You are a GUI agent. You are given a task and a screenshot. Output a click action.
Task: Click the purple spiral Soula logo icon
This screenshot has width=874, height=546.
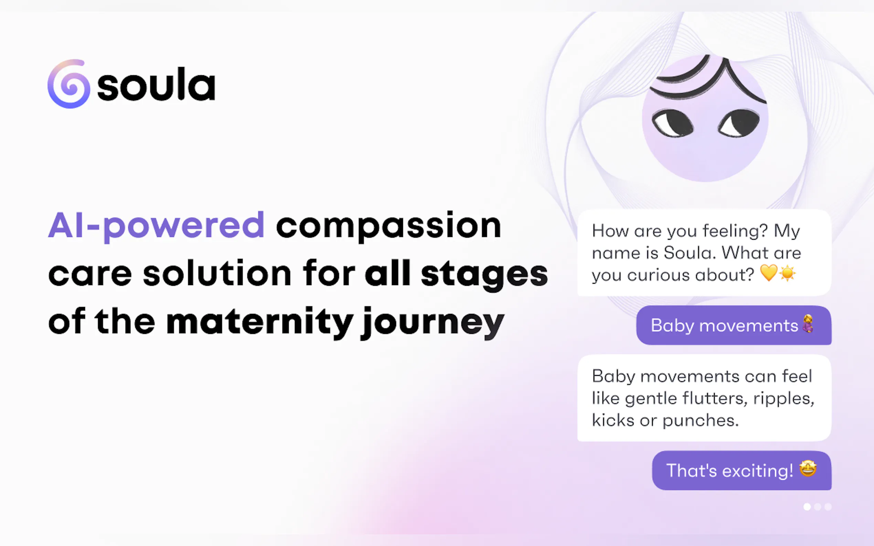pyautogui.click(x=69, y=84)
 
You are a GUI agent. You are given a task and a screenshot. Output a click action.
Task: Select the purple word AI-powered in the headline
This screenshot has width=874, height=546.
pyautogui.click(x=157, y=226)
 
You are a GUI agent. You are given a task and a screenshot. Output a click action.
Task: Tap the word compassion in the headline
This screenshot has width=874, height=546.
pyautogui.click(x=388, y=226)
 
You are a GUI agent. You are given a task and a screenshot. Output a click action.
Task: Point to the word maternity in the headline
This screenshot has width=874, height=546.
pyautogui.click(x=259, y=322)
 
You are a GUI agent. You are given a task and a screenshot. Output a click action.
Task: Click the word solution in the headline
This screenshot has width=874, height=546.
pyautogui.click(x=217, y=273)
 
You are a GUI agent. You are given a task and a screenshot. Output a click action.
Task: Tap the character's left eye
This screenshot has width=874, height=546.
pyautogui.click(x=672, y=123)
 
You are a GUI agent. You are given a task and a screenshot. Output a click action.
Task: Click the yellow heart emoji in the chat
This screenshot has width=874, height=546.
pyautogui.click(x=768, y=273)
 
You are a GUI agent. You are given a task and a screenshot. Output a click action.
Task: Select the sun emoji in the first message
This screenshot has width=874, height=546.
pyautogui.click(x=787, y=273)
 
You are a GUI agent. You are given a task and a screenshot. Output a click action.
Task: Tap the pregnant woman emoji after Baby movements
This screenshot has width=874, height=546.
pyautogui.click(x=808, y=324)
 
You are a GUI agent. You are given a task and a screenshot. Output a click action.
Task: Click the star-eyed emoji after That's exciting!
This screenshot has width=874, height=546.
pyautogui.click(x=808, y=469)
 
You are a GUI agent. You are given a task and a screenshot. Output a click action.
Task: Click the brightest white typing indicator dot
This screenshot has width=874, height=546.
pyautogui.click(x=807, y=507)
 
